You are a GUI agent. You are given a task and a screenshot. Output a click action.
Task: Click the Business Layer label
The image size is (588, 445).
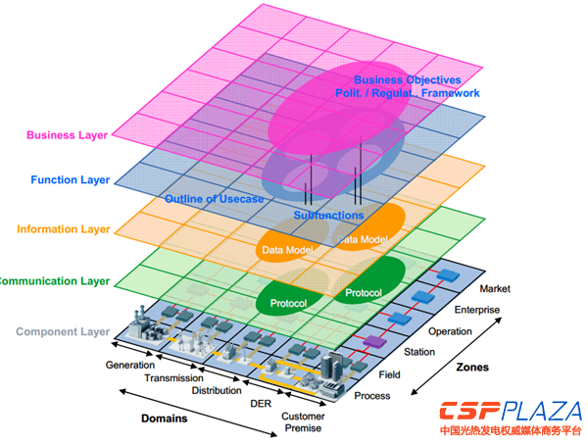pyautogui.click(x=68, y=135)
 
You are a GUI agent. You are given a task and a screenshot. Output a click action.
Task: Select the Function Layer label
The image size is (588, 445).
pyautogui.click(x=70, y=180)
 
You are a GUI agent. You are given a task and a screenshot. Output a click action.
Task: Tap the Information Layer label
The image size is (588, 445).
pyautogui.click(x=62, y=229)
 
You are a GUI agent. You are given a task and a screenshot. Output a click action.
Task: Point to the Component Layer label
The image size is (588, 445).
pyautogui.click(x=64, y=331)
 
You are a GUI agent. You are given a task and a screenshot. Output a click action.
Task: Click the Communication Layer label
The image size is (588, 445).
pyautogui.click(x=55, y=281)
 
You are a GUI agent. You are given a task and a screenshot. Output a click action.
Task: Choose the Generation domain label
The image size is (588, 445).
pyautogui.click(x=130, y=366)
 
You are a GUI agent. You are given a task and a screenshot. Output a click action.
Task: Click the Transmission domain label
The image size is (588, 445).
pyautogui.click(x=173, y=378)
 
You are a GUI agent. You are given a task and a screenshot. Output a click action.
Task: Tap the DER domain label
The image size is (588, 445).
pyautogui.click(x=260, y=403)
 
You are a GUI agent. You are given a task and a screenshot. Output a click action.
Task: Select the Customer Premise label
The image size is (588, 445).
pyautogui.click(x=305, y=422)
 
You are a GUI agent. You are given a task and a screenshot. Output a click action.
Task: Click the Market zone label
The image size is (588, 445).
pyautogui.click(x=496, y=289)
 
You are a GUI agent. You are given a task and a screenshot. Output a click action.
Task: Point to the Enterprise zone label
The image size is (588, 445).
pyautogui.click(x=476, y=311)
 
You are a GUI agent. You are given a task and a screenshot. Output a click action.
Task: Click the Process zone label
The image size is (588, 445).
pyautogui.click(x=371, y=396)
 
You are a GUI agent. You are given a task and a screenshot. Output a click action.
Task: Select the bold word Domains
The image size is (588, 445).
pyautogui.click(x=165, y=419)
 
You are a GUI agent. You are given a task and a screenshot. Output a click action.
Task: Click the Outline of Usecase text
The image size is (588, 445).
pyautogui.click(x=214, y=199)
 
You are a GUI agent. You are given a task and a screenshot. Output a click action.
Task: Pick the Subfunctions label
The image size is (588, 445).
pyautogui.click(x=328, y=215)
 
